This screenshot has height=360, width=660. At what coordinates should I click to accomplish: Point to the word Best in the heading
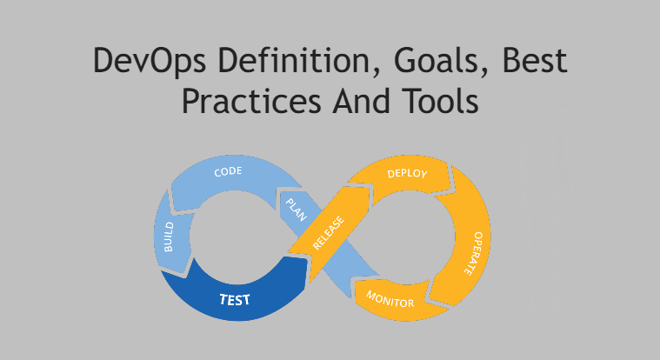coord(535,60)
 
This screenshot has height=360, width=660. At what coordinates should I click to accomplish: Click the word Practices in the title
coord(251,101)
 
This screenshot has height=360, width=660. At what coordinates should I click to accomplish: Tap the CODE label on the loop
coord(228,172)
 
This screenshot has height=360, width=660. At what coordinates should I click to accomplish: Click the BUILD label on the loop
coord(169,237)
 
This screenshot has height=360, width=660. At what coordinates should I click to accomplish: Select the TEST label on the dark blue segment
coord(235,299)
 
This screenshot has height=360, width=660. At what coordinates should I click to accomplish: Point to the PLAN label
coord(297,210)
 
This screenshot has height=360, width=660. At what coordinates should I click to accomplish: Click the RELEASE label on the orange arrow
coord(329,233)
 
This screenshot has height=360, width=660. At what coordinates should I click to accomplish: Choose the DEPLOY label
coord(407,173)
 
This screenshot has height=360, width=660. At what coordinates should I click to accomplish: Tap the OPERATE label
coord(474,253)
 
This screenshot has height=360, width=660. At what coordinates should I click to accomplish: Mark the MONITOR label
coord(390,299)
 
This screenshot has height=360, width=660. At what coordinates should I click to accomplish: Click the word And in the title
coord(361,101)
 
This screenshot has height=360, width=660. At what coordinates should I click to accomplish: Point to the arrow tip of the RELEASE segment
coord(369,188)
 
